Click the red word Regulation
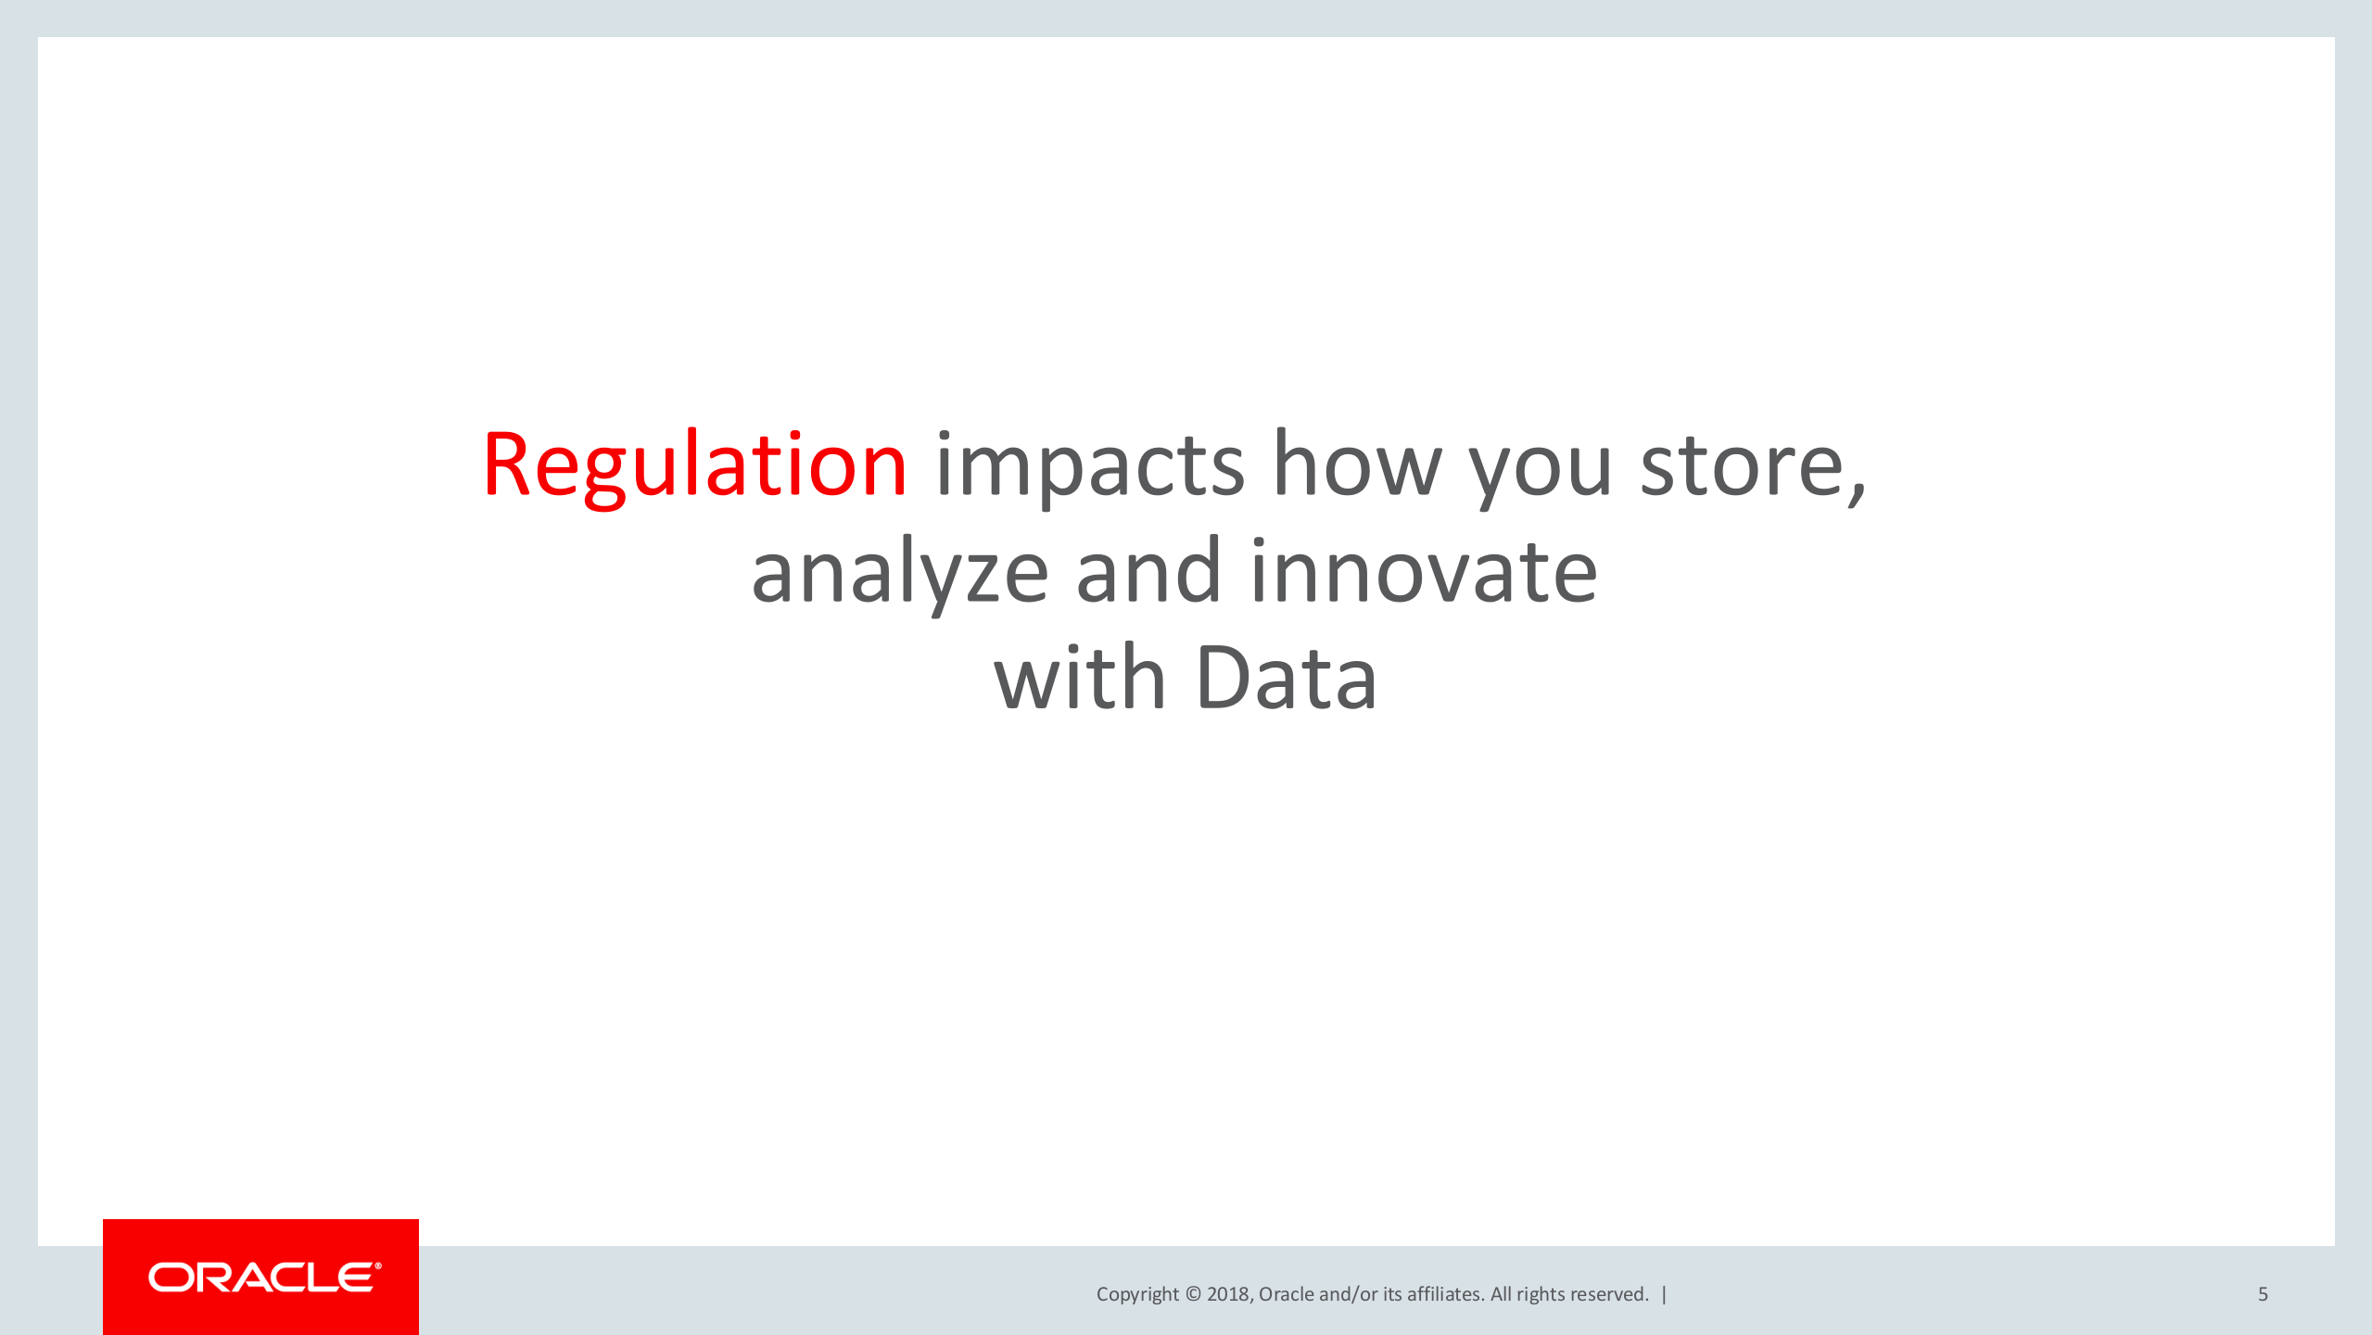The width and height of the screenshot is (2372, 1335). [x=694, y=466]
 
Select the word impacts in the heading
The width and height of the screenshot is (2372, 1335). [x=1090, y=466]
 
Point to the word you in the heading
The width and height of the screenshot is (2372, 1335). [x=1541, y=474]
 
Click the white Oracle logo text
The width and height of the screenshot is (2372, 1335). [x=265, y=1278]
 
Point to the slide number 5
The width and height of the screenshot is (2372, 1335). [x=2263, y=1294]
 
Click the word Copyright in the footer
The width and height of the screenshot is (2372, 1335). [x=1137, y=1295]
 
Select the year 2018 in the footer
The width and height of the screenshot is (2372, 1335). [x=1229, y=1294]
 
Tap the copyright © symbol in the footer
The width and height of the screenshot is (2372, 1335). [x=1193, y=1294]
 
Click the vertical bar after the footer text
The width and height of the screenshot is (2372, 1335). [x=1665, y=1294]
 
